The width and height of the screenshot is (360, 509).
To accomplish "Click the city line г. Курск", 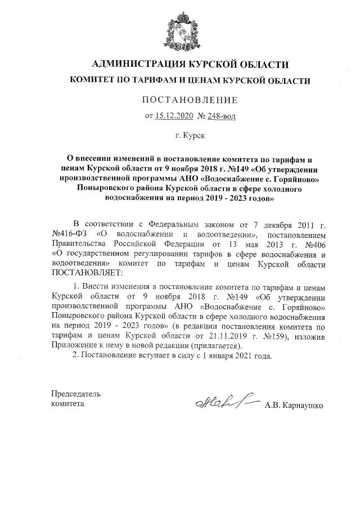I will (190, 136).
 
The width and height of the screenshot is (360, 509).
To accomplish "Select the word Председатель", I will (76, 393).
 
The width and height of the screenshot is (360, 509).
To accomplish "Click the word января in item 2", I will (215, 357).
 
